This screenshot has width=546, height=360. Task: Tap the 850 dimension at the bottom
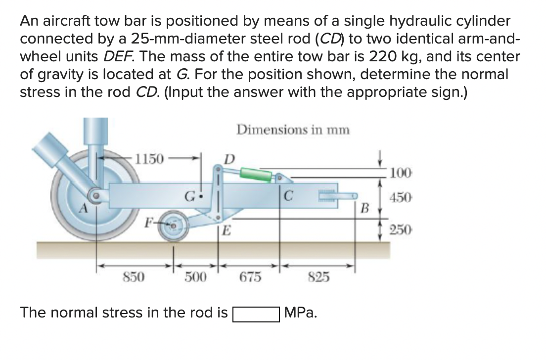click(133, 277)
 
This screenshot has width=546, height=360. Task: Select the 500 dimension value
click(195, 277)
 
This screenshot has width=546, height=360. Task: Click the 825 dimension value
click(318, 277)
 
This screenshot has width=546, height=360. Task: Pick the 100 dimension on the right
click(400, 173)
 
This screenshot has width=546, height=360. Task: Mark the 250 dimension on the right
click(400, 230)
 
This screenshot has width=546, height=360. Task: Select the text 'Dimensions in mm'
click(293, 130)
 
